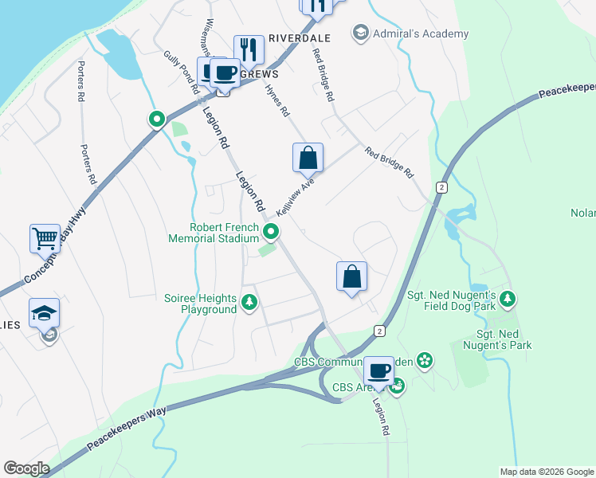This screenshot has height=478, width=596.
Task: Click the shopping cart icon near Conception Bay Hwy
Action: coord(45,238)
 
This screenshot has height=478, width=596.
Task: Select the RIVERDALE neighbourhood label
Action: coord(300,37)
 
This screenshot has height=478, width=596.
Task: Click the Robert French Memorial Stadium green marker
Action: coord(272,232)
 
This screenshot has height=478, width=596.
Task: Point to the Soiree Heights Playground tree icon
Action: coord(249,301)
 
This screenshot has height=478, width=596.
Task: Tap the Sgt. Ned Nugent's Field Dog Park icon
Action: coord(508,300)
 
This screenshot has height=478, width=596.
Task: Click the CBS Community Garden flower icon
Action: coord(424,361)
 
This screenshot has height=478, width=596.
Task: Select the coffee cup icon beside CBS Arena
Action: coord(378,370)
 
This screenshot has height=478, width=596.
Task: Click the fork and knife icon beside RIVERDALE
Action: coord(249,50)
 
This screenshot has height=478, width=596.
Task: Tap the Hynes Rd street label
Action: coord(276,101)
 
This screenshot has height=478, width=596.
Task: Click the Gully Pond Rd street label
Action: coord(181,70)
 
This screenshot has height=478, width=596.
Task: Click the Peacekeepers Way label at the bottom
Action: coord(127,430)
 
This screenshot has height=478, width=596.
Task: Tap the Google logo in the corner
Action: coord(26,468)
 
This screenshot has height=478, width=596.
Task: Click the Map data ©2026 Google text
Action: coord(547,472)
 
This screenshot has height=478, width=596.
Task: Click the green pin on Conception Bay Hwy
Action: coord(157,119)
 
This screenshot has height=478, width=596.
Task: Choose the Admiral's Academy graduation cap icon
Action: coord(360,33)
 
